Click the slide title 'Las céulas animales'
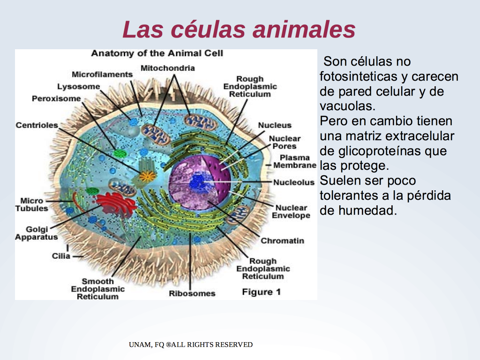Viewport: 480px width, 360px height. pyautogui.click(x=239, y=30)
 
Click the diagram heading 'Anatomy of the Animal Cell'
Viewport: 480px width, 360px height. pyautogui.click(x=157, y=53)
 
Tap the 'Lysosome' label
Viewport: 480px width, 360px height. pyautogui.click(x=79, y=87)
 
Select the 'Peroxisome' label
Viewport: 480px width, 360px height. pyautogui.click(x=56, y=98)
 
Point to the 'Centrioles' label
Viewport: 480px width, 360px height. pyautogui.click(x=37, y=125)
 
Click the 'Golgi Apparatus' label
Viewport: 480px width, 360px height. pyautogui.click(x=37, y=233)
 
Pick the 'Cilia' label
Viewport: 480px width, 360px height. pyautogui.click(x=61, y=256)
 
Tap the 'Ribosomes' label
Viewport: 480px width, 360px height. pyautogui.click(x=192, y=293)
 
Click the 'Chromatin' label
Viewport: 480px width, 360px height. pyautogui.click(x=282, y=240)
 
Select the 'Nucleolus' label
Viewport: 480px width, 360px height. pyautogui.click(x=294, y=182)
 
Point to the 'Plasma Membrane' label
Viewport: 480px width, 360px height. pyautogui.click(x=295, y=161)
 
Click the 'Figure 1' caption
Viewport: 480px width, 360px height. pyautogui.click(x=261, y=292)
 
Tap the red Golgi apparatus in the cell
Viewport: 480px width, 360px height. pyautogui.click(x=116, y=203)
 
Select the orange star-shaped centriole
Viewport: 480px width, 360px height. pyautogui.click(x=148, y=176)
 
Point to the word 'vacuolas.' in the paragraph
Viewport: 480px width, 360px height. pyautogui.click(x=347, y=106)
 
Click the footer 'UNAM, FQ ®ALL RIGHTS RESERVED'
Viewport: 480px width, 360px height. pyautogui.click(x=191, y=345)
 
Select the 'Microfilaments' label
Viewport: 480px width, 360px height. pyautogui.click(x=102, y=75)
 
